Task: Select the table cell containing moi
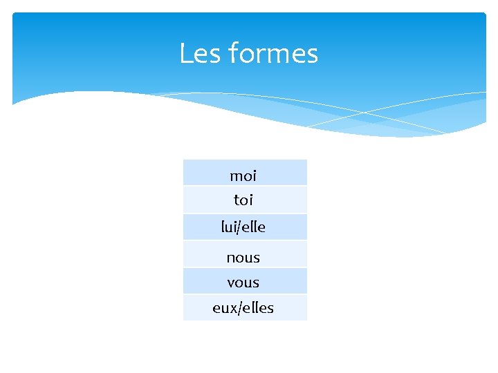pos(245,173)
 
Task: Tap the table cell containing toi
pos(245,200)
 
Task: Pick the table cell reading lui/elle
pos(245,227)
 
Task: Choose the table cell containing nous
pos(245,255)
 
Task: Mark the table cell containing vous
pos(245,282)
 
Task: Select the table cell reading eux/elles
pos(245,308)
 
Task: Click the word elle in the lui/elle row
pos(254,227)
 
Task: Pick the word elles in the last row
pos(257,308)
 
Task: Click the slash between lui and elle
pos(240,227)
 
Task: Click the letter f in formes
pos(231,53)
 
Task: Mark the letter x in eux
pos(232,309)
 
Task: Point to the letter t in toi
pos(237,200)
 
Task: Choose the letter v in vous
pos(231,283)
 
